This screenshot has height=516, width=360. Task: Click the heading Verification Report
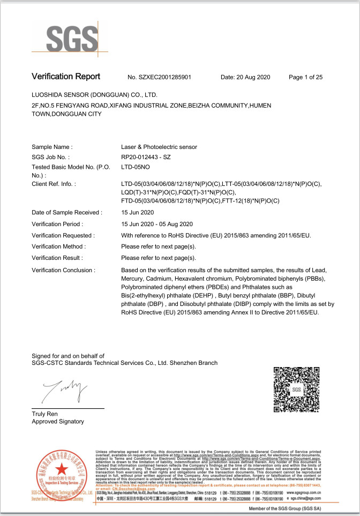tap(66, 77)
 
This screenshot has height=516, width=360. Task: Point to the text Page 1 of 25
tap(305, 77)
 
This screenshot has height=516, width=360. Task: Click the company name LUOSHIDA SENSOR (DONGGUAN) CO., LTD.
tap(97, 94)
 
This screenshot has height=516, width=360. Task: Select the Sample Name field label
tap(52, 147)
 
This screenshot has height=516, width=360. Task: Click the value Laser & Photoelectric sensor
tap(159, 147)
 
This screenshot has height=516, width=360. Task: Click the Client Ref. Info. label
tap(54, 184)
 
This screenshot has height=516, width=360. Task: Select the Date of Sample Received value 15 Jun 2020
tap(138, 213)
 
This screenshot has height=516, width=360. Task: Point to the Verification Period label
tap(57, 224)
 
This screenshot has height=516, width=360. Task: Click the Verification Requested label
tap(63, 235)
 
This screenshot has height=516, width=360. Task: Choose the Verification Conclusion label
tap(63, 270)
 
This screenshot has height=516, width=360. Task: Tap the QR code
tap(296, 390)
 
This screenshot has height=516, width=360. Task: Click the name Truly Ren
tap(45, 414)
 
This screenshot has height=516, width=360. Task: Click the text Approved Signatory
tap(58, 422)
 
